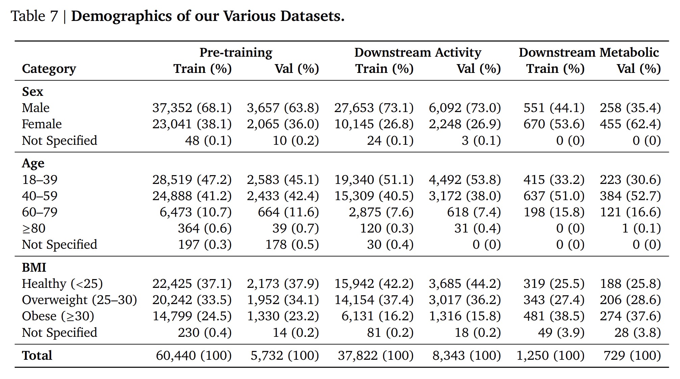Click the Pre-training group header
[236, 52]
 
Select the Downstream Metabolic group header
[589, 52]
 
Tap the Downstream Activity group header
[417, 52]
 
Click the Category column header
[49, 69]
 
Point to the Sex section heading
[32, 91]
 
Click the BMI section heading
[34, 267]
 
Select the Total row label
[37, 355]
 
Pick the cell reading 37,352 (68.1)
[192, 108]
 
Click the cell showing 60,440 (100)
[193, 355]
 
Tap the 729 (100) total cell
[632, 355]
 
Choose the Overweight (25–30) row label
[79, 300]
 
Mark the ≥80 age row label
[34, 228]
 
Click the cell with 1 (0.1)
[641, 228]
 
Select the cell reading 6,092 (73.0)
[465, 108]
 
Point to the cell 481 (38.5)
[554, 316]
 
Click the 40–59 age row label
[40, 196]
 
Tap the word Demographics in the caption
[122, 16]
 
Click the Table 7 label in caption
[34, 16]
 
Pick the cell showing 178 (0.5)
[292, 245]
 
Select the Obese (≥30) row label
[58, 316]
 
